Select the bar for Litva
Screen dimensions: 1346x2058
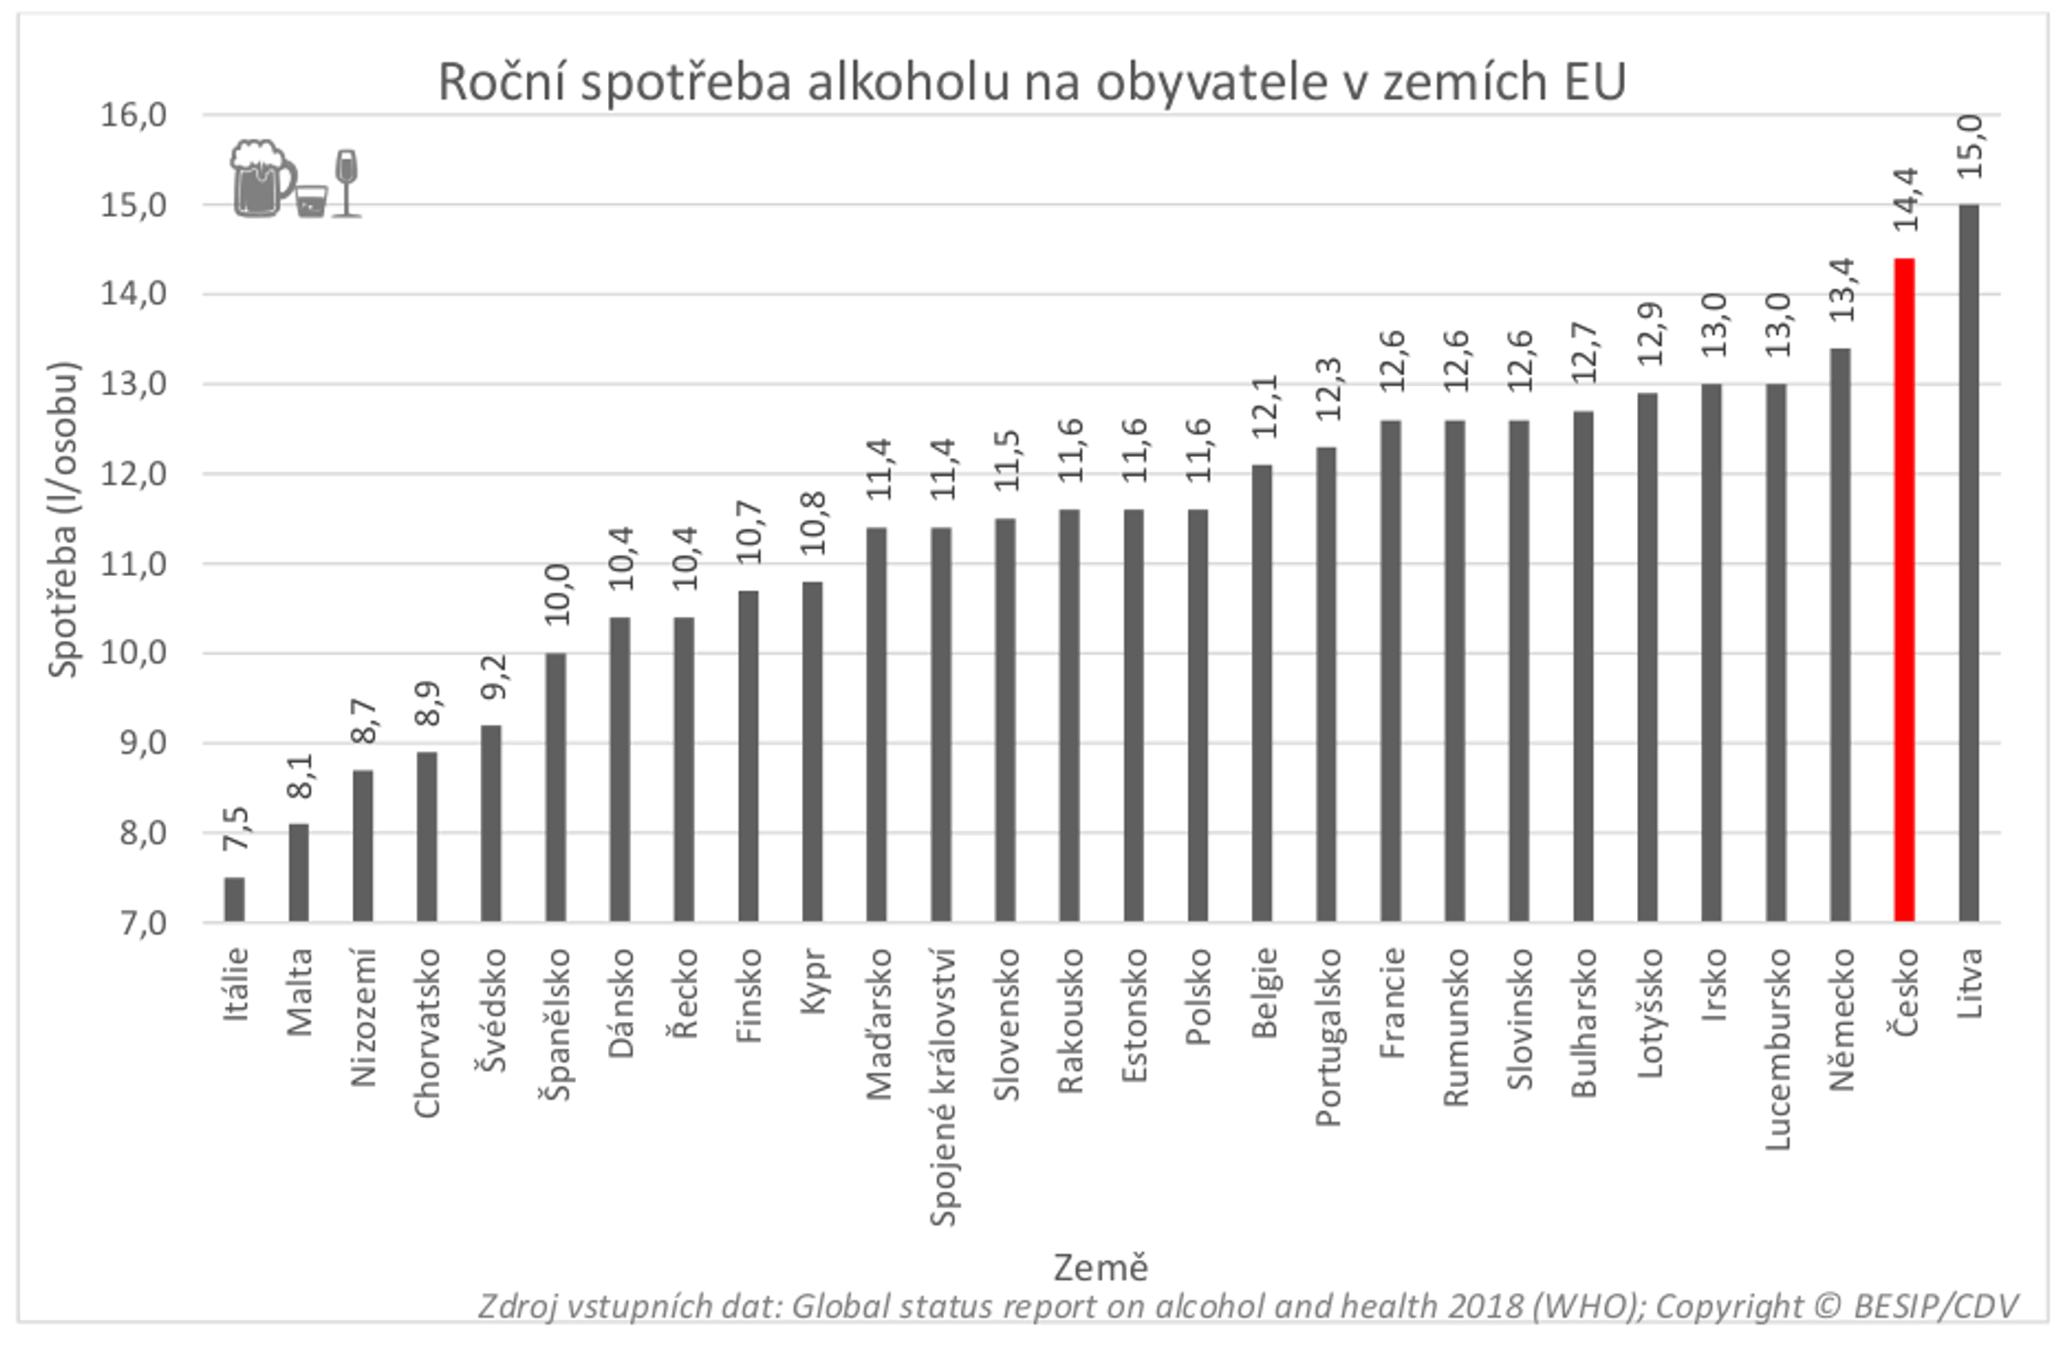pos(1969,562)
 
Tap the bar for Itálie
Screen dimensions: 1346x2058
pos(234,900)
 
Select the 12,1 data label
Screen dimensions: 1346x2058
pos(1263,407)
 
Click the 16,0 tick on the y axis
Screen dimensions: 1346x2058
pos(133,115)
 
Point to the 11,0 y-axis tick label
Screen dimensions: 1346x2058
pos(133,564)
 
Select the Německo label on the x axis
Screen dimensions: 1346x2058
pos(1841,1019)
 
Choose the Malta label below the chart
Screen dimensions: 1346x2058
pos(299,992)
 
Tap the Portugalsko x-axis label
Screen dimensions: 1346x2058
pos(1327,1037)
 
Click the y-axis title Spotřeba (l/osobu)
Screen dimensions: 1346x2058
pos(63,520)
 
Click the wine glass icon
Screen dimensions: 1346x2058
pos(346,183)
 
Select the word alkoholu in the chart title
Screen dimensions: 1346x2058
pos(908,83)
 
